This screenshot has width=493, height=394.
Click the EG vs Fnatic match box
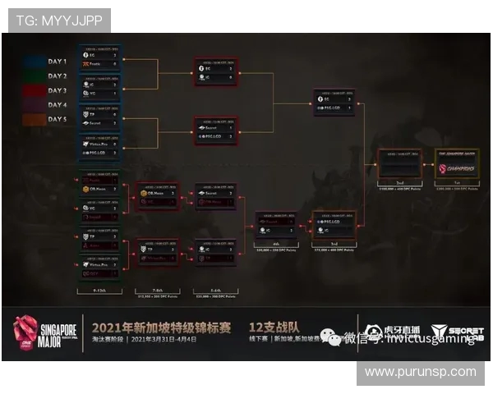point(99,57)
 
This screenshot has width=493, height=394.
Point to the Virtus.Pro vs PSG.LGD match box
point(99,147)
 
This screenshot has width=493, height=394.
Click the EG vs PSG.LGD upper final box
point(334,102)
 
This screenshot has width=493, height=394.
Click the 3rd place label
point(334,245)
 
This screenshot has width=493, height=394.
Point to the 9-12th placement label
point(99,291)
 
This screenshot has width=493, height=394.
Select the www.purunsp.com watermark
point(420,372)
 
